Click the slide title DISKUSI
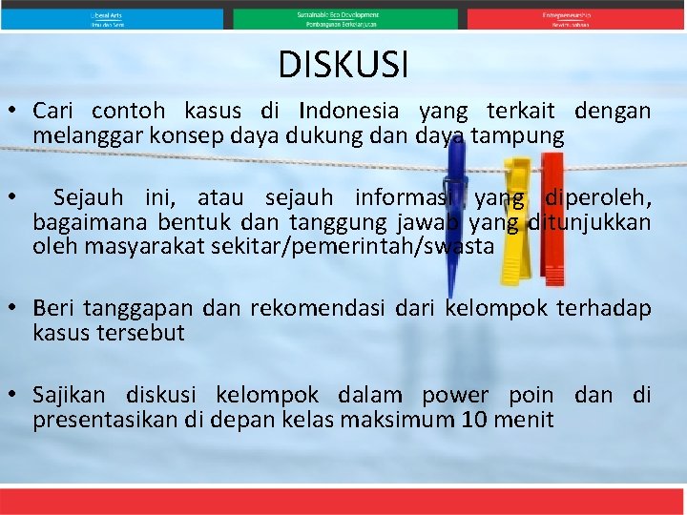click(x=343, y=65)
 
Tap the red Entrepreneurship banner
click(x=568, y=19)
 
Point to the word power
click(x=454, y=395)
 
